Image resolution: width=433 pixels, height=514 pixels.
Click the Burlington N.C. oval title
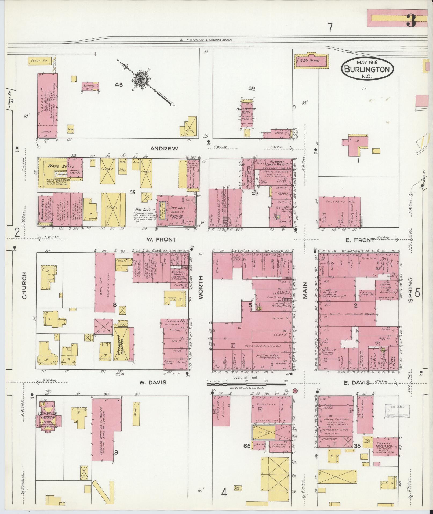[x=367, y=69]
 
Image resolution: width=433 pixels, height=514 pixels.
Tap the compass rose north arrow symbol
[x=141, y=79]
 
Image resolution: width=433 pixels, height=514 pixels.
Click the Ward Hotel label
[x=53, y=166]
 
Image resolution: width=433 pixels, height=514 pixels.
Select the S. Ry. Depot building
[x=312, y=61]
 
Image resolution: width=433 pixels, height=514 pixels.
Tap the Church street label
[x=24, y=286]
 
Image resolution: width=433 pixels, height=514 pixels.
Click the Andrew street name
[x=161, y=149]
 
